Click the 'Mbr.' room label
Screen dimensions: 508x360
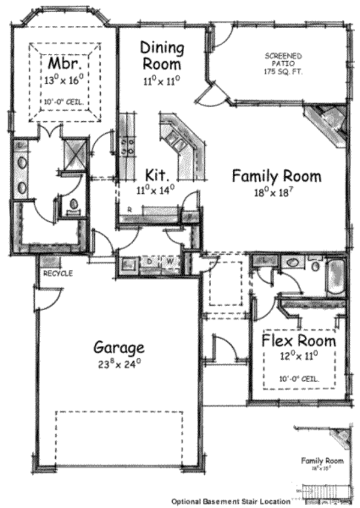click(62, 64)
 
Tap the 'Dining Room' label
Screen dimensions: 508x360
click(161, 55)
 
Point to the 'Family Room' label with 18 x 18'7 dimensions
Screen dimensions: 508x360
click(276, 176)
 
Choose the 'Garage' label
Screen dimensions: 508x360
click(119, 347)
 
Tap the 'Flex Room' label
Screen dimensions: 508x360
click(299, 341)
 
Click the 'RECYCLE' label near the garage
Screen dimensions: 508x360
click(58, 273)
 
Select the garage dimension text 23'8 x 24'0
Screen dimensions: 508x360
click(120, 363)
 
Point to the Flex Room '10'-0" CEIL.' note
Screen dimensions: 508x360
click(299, 379)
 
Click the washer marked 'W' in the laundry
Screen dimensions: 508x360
click(170, 261)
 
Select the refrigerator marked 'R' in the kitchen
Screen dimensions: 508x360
click(129, 210)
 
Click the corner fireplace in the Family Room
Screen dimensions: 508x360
click(329, 123)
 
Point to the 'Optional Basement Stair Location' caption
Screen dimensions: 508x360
click(232, 501)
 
